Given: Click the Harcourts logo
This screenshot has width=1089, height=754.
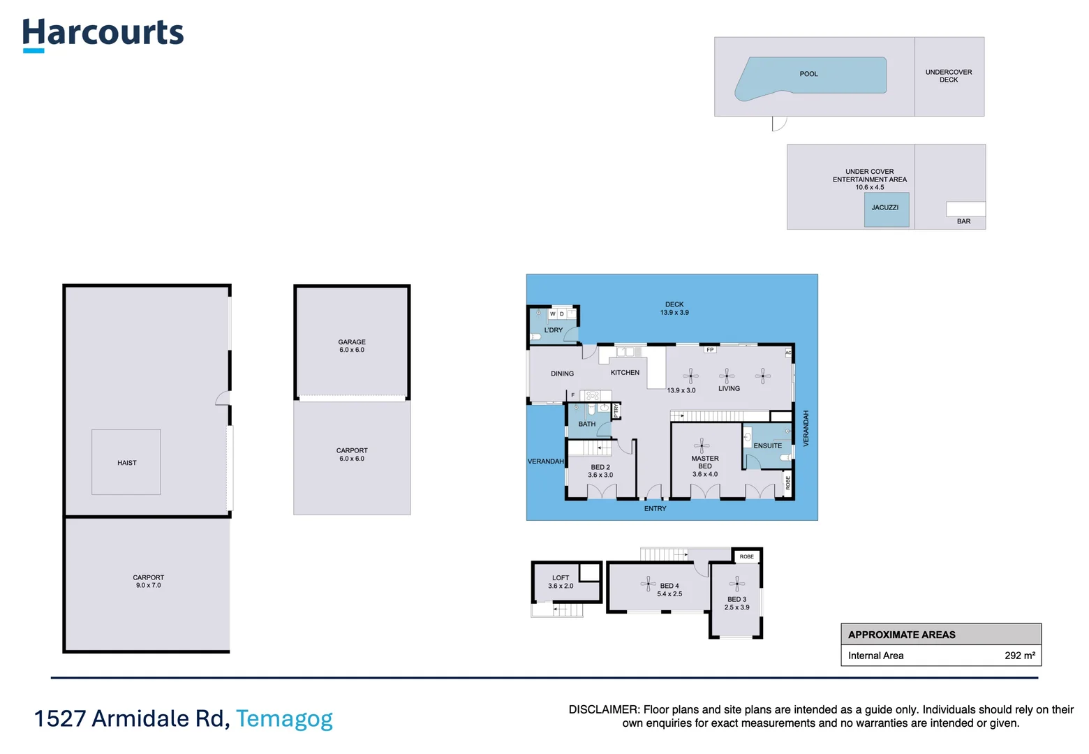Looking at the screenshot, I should [103, 34].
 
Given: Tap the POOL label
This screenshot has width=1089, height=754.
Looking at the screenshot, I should [808, 74].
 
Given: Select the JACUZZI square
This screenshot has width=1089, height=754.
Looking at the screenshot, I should [886, 209].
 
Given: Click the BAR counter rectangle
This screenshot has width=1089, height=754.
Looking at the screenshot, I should [965, 209].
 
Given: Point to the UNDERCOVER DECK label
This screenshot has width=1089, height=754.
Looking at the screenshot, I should [949, 76].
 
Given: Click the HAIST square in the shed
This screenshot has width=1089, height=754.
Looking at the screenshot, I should [126, 462].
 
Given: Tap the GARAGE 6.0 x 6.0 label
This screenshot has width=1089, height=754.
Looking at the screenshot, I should [352, 346].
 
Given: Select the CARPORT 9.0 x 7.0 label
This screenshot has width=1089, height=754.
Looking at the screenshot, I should [148, 582].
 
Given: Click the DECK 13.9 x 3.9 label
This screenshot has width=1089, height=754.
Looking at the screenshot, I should [674, 309].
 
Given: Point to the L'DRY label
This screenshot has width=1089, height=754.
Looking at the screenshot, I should [554, 330].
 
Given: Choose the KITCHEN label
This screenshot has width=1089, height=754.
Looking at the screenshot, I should [625, 373].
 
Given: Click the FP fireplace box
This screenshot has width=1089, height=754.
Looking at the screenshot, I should [710, 350].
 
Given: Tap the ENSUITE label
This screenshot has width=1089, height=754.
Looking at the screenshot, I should [767, 445].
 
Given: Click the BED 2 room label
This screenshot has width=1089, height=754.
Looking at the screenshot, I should [600, 471].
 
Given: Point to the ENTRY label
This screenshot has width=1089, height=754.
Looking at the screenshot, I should [655, 509].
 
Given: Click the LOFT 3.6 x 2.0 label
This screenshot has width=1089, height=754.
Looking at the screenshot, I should [561, 582].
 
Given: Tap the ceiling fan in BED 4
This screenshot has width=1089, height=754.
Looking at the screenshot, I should [649, 584].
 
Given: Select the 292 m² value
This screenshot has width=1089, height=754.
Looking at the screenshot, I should [1019, 656].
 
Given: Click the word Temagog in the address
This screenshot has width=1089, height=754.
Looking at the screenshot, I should [284, 718].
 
